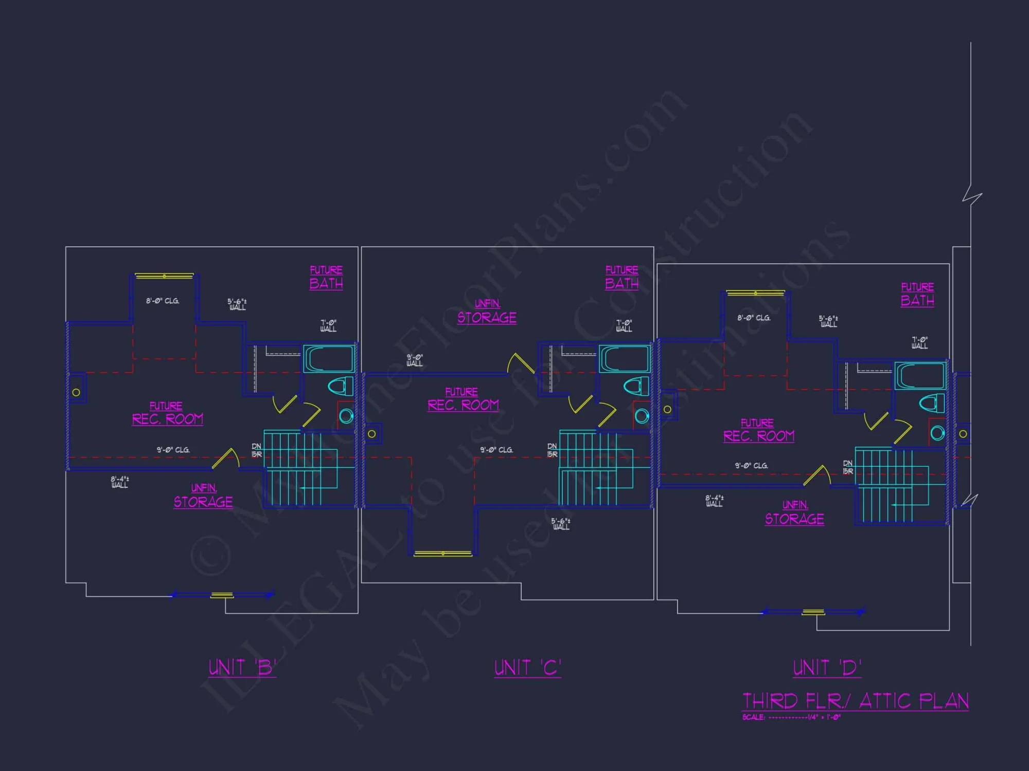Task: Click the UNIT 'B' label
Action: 242,668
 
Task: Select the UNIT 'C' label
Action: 527,668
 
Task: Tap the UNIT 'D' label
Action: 827,668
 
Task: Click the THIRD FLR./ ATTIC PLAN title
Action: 856,701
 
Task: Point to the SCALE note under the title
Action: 791,718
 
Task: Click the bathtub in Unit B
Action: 329,358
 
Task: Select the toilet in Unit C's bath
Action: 636,386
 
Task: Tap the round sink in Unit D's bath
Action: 937,433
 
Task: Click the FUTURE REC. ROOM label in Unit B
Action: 167,414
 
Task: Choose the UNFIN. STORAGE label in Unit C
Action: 487,312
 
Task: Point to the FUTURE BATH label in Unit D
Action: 917,295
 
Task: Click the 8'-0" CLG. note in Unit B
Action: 163,301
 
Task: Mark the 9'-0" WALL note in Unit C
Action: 415,360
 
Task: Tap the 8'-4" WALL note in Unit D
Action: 714,501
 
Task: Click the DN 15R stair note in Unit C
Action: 552,450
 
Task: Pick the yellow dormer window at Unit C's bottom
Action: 443,554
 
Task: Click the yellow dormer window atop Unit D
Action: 755,293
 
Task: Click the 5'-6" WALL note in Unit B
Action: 237,304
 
